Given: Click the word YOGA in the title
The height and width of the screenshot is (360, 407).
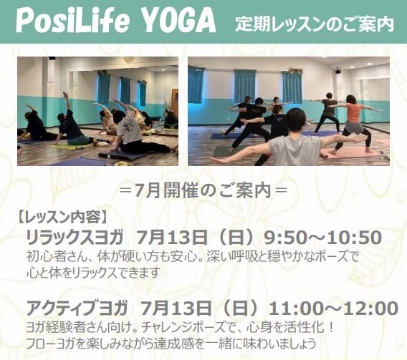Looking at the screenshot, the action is [x=179, y=21].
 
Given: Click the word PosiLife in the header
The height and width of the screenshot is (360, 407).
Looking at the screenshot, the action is [x=72, y=21].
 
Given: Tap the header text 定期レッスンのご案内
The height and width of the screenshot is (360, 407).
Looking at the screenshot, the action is [x=315, y=24].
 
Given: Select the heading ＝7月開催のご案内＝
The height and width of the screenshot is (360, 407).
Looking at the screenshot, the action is [x=203, y=191].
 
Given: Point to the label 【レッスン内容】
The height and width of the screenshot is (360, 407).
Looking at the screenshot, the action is [x=62, y=218].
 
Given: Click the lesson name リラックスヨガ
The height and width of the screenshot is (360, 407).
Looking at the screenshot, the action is [x=75, y=238].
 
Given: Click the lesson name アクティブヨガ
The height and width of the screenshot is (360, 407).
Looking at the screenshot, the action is [x=77, y=308].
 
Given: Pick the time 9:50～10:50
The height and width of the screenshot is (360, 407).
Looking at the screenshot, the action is [x=322, y=238].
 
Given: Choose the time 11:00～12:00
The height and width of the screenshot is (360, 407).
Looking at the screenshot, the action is [x=333, y=308].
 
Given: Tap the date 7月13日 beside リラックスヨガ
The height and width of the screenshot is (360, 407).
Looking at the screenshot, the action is [x=171, y=238].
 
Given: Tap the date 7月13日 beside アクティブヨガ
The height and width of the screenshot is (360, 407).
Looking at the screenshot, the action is [x=176, y=308].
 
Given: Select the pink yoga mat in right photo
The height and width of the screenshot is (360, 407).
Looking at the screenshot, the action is [x=350, y=153].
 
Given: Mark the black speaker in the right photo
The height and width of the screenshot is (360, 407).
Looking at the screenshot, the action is [x=337, y=70].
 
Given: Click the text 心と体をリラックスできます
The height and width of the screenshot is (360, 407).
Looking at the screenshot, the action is [x=92, y=272].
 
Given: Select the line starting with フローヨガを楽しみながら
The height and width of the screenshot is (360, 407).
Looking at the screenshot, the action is [x=171, y=343].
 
